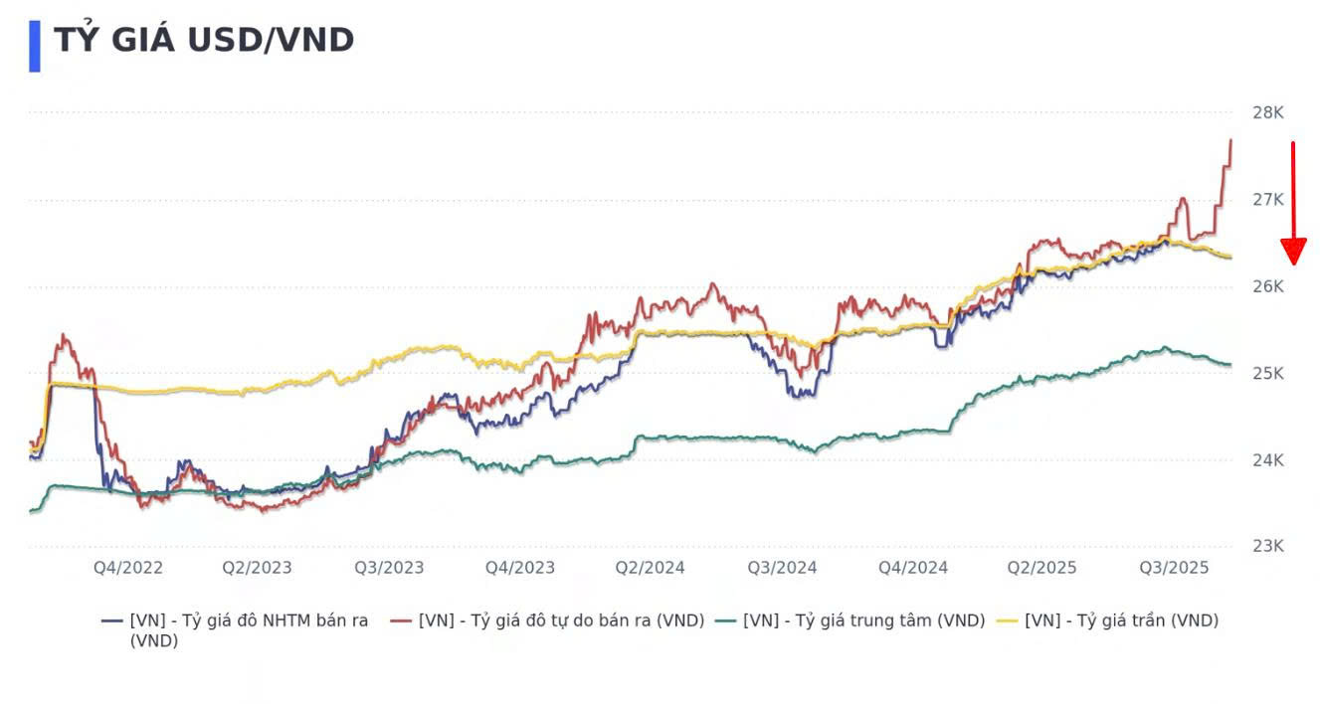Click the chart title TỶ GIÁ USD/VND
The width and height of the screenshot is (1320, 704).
tap(204, 41)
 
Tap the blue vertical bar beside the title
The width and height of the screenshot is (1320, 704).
tap(35, 46)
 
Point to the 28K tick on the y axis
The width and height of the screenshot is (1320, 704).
tap(1268, 112)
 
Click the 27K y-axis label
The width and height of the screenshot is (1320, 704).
tap(1268, 200)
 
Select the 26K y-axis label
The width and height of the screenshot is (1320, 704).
tap(1268, 286)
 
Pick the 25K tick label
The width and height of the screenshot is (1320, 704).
tap(1268, 374)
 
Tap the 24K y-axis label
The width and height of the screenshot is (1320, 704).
tap(1268, 460)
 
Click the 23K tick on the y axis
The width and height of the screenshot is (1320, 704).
tap(1268, 547)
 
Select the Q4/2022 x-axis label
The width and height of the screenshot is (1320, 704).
tap(128, 568)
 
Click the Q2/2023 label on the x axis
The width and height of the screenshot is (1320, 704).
tap(258, 568)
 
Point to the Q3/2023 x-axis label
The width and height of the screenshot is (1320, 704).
tap(389, 568)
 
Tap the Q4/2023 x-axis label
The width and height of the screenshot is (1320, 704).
tap(520, 568)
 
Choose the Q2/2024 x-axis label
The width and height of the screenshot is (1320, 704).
tap(651, 568)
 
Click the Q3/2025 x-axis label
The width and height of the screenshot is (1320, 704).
tap(1174, 568)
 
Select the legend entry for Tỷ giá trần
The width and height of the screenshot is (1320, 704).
tap(1121, 620)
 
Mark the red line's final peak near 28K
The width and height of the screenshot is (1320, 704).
tap(1230, 141)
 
